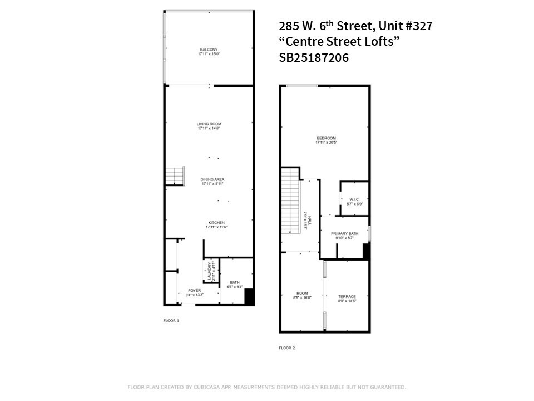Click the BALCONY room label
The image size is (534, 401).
209,52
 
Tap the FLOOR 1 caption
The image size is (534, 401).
171,321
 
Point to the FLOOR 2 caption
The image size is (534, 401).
286,348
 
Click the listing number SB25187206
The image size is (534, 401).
313,57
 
